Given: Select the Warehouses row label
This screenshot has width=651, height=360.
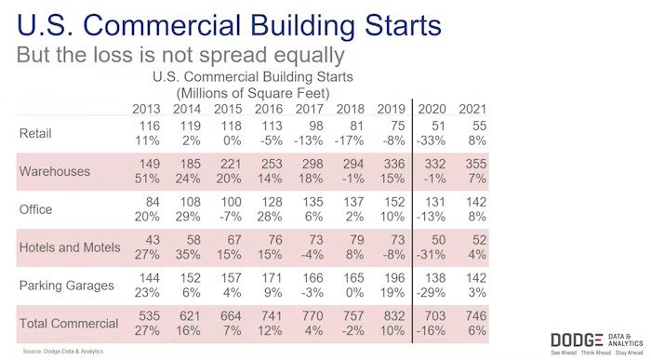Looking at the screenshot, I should pos(55,172).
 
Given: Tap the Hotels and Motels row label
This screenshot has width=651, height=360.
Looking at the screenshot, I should pos(70,247).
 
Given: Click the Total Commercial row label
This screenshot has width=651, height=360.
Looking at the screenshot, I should pos(69,324).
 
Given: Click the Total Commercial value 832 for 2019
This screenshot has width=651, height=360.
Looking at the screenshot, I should pos(392,316).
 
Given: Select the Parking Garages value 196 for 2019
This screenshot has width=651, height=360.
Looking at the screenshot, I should pos(392,278).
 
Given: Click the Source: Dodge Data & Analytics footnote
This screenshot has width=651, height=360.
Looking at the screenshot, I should pos(63,351).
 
